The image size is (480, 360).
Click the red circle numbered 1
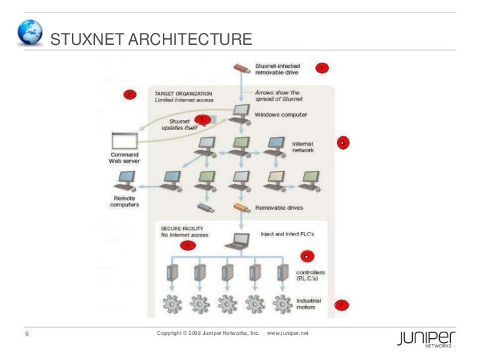click(321, 68)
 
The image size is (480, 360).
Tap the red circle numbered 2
click(130, 94)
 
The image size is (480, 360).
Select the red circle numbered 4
click(343, 142)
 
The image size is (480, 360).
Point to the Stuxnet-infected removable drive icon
click(242, 68)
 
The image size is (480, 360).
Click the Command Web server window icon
click(124, 140)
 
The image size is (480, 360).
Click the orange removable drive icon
click(242, 209)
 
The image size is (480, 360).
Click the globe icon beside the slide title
click(30, 33)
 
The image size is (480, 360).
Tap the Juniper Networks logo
click(426, 339)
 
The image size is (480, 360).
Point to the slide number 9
click(26, 336)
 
